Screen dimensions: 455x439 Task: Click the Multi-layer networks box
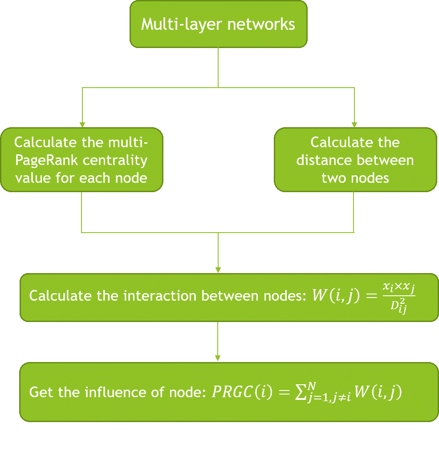(218, 24)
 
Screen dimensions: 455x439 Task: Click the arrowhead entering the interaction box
(218, 270)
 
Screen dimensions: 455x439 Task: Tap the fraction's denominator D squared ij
(398, 306)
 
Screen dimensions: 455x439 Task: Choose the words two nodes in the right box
(355, 178)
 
